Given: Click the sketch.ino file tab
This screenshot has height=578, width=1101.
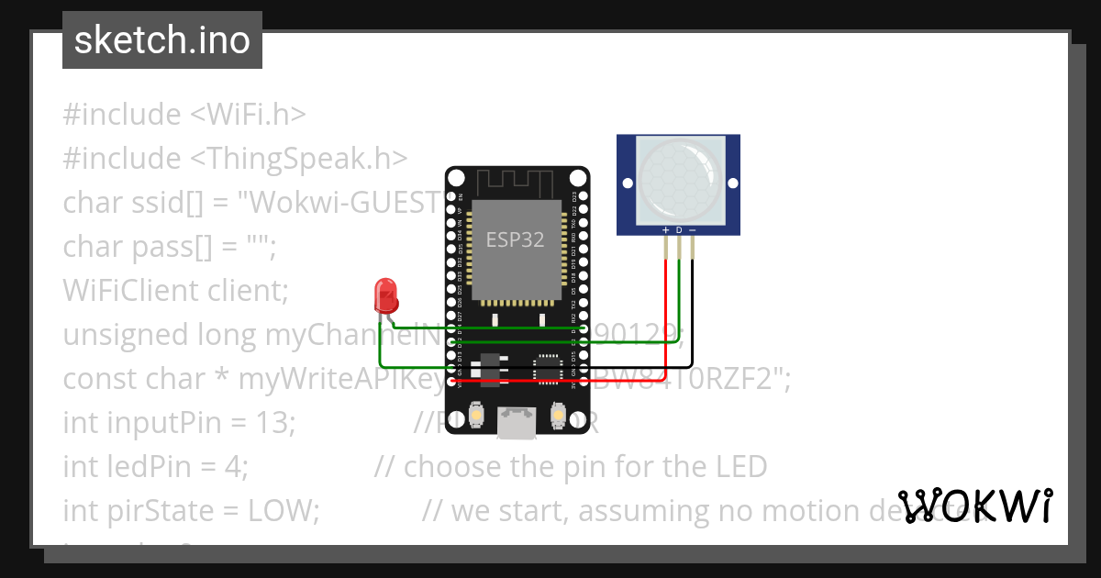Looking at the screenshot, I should click(162, 41).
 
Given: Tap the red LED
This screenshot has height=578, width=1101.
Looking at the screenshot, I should click(385, 296).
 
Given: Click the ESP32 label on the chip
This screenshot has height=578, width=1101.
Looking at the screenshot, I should click(515, 240).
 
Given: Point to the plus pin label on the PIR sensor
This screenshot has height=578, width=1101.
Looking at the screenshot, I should click(665, 229).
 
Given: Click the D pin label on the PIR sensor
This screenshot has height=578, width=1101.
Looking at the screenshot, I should click(679, 229).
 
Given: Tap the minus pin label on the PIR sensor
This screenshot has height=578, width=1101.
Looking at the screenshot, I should click(692, 229).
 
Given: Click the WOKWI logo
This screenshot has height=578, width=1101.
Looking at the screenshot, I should click(975, 506).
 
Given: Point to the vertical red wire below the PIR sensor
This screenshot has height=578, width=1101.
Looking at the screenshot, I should click(665, 312).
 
